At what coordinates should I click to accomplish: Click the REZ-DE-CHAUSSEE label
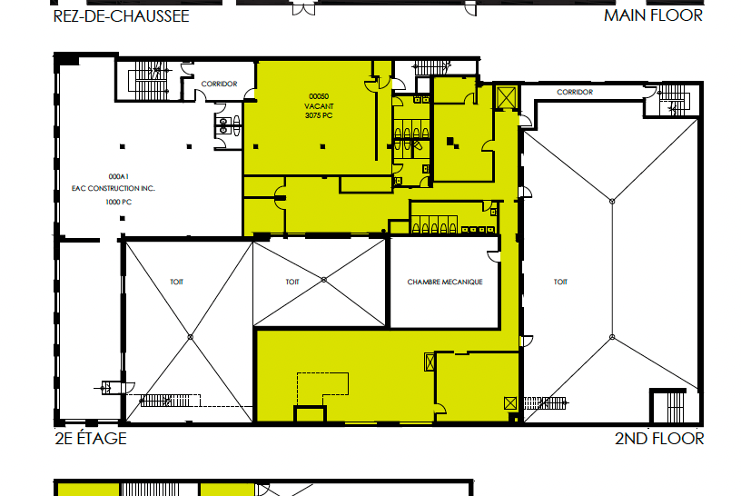coord(121,16)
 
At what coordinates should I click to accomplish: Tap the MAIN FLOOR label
coord(653,15)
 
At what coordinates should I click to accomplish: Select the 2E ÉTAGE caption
coord(91,438)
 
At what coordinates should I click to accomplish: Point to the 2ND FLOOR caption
coord(659,439)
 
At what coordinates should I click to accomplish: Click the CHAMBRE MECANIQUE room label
coord(445,282)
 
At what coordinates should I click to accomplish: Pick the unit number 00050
coord(319,96)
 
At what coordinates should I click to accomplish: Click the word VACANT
coord(319,106)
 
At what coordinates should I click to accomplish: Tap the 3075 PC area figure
coord(319,115)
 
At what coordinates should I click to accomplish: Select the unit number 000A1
coord(119,176)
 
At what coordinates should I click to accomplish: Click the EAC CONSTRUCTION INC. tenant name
coord(114,188)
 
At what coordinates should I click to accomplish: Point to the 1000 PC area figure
coord(119,202)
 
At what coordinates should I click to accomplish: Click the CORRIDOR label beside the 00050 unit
coord(219,84)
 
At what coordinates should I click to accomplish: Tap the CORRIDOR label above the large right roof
coord(575,92)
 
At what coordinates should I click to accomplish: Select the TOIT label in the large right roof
coord(560,282)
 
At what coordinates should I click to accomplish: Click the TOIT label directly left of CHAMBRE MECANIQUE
coord(292,282)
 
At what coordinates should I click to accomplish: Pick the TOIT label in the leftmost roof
coord(177,282)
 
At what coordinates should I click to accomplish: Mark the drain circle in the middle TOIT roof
coord(323,280)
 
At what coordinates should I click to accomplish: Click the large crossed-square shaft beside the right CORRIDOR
coord(507,97)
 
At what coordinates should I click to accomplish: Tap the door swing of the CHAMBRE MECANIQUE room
coord(493,256)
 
